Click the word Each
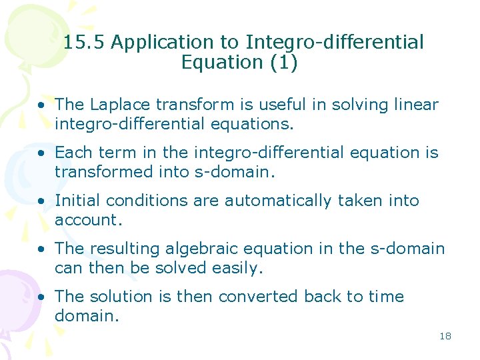tap(73, 153)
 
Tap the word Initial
tap(77, 201)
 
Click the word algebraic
tap(197, 249)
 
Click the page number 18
tap(445, 336)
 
